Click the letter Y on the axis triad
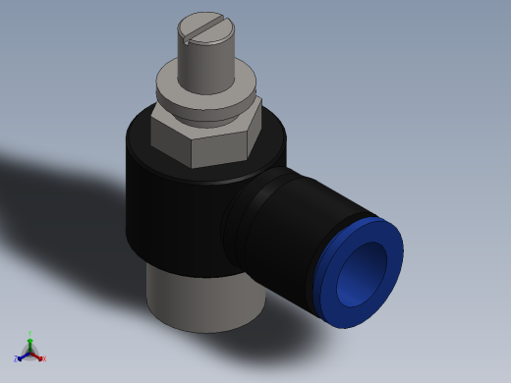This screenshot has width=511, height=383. (x=30, y=333)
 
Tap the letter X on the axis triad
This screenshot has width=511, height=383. (x=44, y=359)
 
